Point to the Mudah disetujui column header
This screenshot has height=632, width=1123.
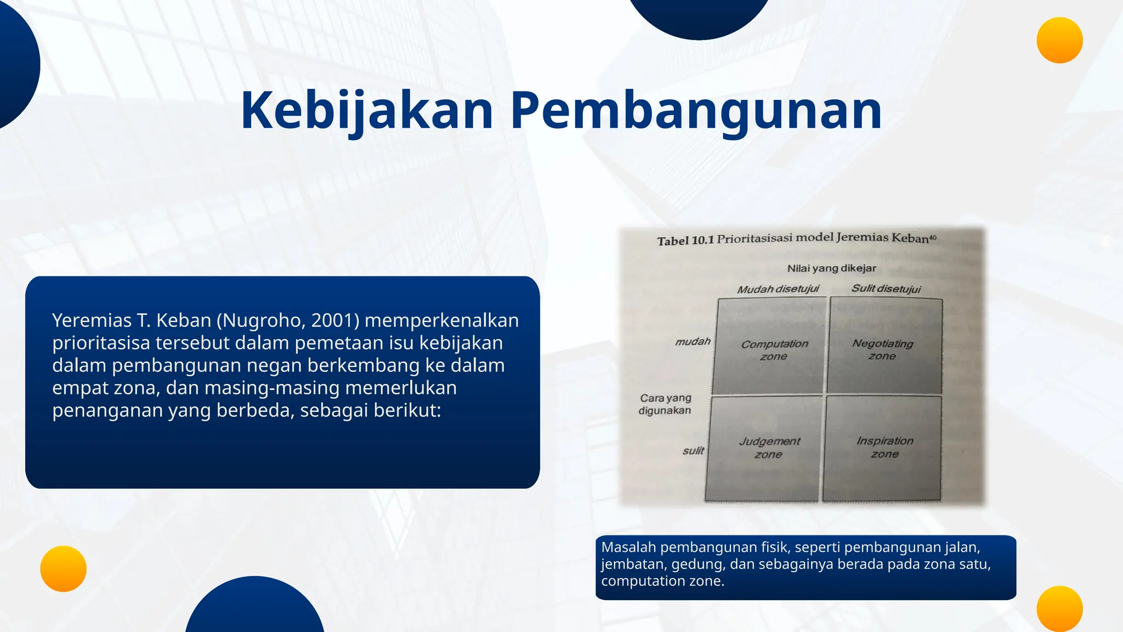coord(778,289)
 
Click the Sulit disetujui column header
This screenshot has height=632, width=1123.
coord(886,289)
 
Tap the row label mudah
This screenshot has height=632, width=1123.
coord(693,342)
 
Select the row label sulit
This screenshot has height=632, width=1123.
coord(693,451)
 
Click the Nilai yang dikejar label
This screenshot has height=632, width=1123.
coord(831,268)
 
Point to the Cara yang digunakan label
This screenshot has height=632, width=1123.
coord(665,404)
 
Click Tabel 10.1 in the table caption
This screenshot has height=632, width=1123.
coord(685,241)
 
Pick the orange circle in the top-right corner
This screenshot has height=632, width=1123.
coord(1059,40)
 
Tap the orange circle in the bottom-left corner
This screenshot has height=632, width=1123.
coord(63,568)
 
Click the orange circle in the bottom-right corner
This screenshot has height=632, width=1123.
coord(1059,608)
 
